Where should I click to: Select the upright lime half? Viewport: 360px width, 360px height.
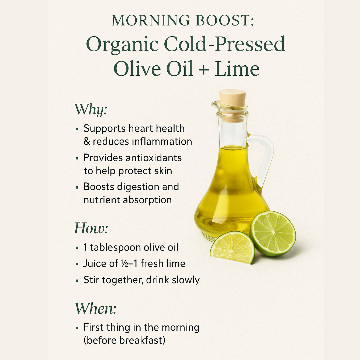pos(273,233)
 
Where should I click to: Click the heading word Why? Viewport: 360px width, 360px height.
pos(91,109)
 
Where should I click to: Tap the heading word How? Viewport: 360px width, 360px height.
pos(91,228)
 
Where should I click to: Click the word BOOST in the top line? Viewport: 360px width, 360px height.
pos(225,20)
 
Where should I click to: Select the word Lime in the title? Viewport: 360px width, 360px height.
pos(237,68)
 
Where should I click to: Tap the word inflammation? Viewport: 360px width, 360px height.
pos(162,141)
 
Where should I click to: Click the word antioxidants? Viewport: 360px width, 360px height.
pos(154,158)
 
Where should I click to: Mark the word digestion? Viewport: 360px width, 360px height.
pos(138,187)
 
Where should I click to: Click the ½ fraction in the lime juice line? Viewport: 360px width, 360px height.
pos(124,264)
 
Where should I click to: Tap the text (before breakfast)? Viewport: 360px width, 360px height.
pos(124,340)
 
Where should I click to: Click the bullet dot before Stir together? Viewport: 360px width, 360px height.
pos(77,281)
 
